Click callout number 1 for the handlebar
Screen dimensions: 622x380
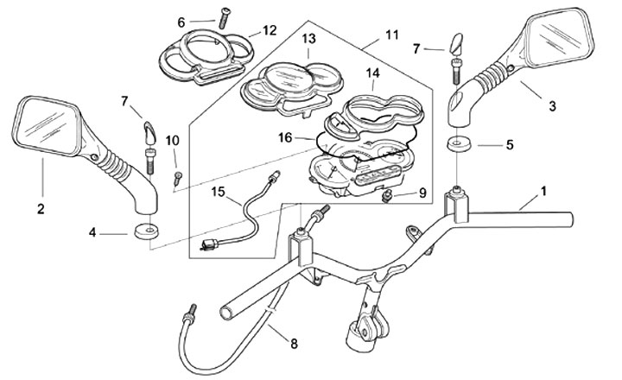(543, 191)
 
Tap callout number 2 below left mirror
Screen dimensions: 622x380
(41, 209)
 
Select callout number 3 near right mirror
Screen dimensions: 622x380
(552, 106)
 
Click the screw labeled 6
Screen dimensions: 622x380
(224, 17)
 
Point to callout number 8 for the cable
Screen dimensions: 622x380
(294, 344)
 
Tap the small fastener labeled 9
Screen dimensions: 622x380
(386, 195)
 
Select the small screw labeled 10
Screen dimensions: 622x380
(177, 178)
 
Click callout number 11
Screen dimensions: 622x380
(392, 35)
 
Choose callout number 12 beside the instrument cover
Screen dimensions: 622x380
(270, 30)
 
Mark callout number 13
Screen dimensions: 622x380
(308, 39)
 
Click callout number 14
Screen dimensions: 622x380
(372, 73)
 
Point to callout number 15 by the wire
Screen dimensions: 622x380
(219, 192)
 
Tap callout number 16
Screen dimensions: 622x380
(285, 137)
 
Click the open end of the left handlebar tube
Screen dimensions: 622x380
(227, 312)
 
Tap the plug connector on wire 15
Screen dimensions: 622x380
(209, 244)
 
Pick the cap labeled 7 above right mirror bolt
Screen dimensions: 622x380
(455, 44)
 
